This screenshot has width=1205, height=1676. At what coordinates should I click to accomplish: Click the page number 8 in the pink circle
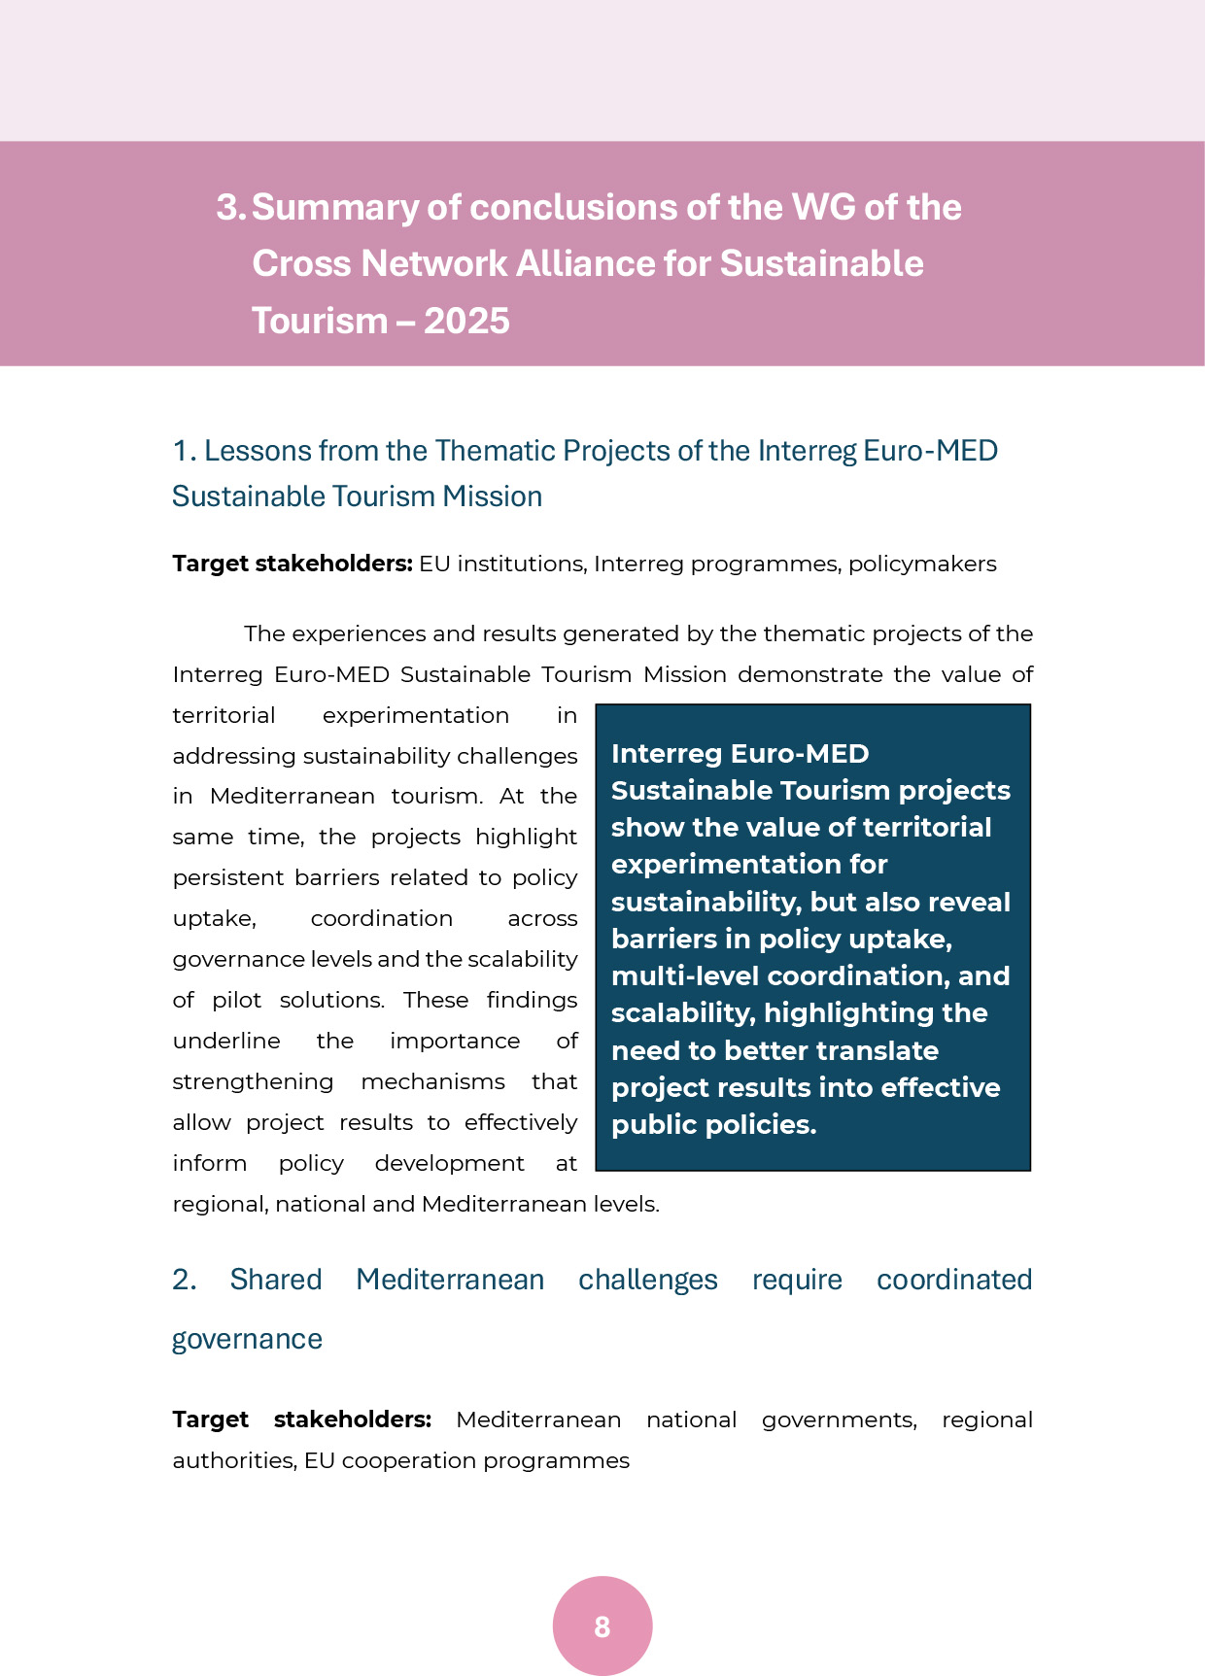(x=602, y=1626)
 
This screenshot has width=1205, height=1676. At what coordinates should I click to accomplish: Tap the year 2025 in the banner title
(x=466, y=321)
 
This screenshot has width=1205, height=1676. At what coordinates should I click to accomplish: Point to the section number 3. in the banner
(x=231, y=207)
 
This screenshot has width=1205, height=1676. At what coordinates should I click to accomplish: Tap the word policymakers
(x=922, y=564)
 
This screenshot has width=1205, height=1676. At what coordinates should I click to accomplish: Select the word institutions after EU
(x=521, y=564)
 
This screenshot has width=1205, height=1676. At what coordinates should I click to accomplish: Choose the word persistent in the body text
(x=227, y=877)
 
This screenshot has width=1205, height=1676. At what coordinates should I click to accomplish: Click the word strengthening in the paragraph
(x=253, y=1081)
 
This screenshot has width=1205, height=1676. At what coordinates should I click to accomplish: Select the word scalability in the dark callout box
(x=682, y=1013)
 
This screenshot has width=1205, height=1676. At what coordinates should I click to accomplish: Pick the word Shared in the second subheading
(x=276, y=1280)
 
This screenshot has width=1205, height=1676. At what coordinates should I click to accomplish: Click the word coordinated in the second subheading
(x=954, y=1280)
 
